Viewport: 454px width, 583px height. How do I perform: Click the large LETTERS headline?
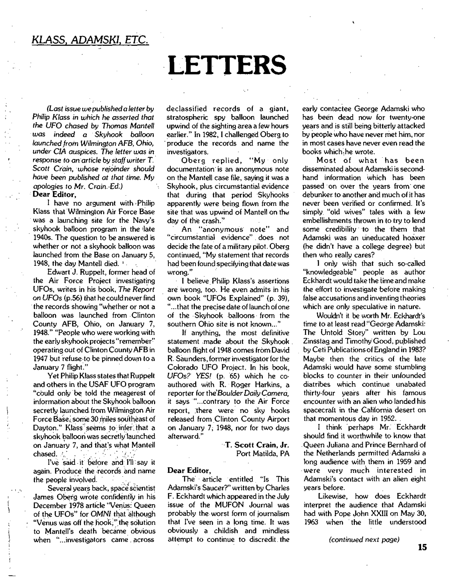point(227,65)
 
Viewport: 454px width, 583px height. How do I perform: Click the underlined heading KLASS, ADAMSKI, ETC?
point(90,40)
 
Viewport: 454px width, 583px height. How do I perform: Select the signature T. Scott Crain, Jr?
point(257,445)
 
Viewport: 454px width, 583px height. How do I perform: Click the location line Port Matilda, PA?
point(263,453)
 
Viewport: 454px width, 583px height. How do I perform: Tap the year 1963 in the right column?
point(311,522)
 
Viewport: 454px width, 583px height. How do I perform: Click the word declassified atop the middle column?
point(187,109)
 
